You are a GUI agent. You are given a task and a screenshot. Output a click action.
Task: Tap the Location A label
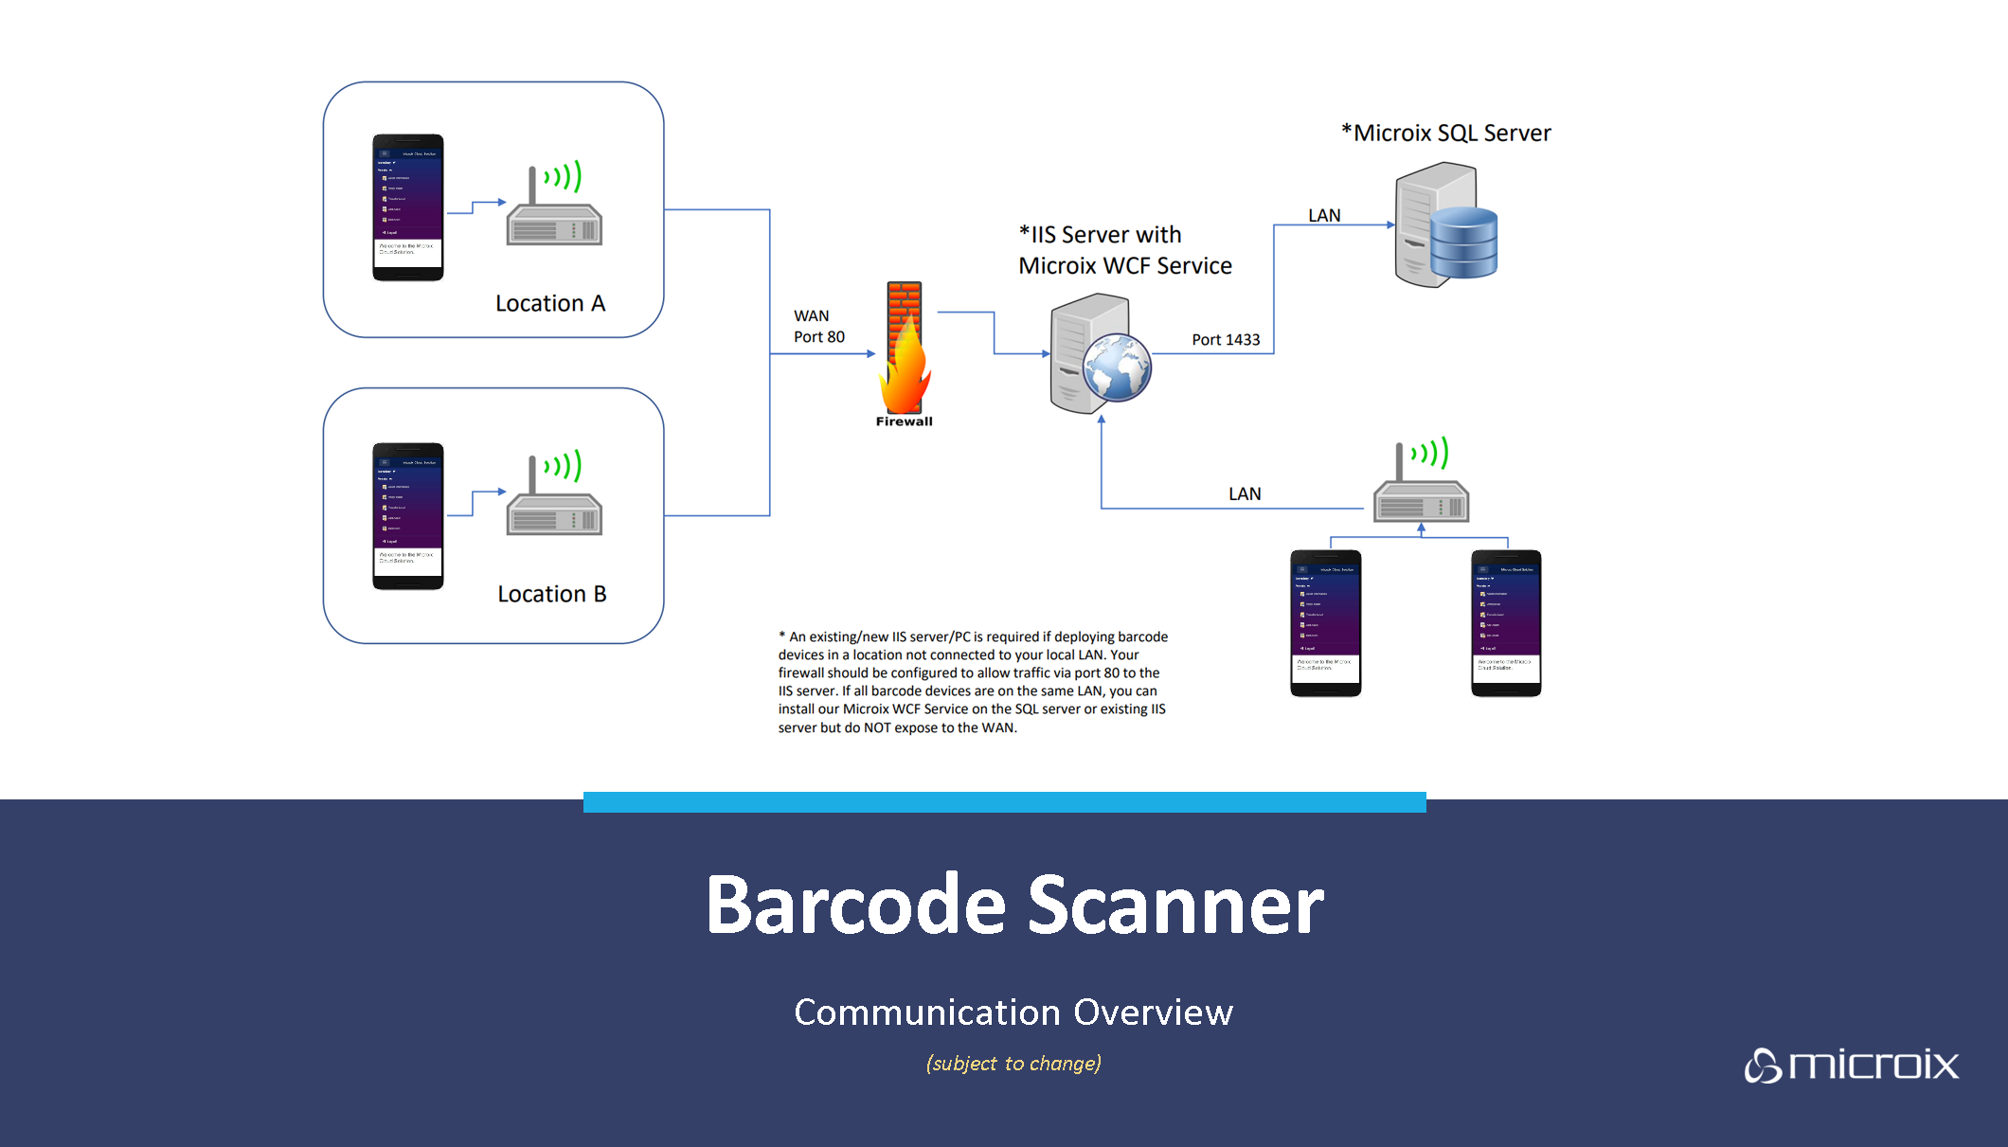tap(549, 304)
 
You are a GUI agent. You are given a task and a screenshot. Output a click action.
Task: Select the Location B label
tap(551, 594)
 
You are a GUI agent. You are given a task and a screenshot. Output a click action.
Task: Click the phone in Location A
tap(408, 207)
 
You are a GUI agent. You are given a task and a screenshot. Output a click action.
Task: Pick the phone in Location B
tap(408, 516)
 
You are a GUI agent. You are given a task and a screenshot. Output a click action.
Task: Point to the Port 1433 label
tap(1226, 340)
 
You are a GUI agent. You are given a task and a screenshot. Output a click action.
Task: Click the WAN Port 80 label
tap(818, 327)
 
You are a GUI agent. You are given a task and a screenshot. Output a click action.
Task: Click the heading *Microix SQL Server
tap(1446, 134)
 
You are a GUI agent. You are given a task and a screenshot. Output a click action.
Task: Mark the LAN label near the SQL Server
tap(1324, 216)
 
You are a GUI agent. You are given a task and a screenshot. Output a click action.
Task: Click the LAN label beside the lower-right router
tap(1245, 494)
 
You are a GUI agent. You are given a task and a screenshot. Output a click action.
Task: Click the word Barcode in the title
tap(855, 905)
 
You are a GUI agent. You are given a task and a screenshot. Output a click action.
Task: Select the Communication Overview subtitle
tap(1013, 1013)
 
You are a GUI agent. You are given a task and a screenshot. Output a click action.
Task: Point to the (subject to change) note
tap(1013, 1064)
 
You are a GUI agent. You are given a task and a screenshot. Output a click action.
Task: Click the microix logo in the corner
tap(1852, 1066)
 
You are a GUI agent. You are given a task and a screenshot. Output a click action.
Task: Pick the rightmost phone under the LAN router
tap(1506, 623)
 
